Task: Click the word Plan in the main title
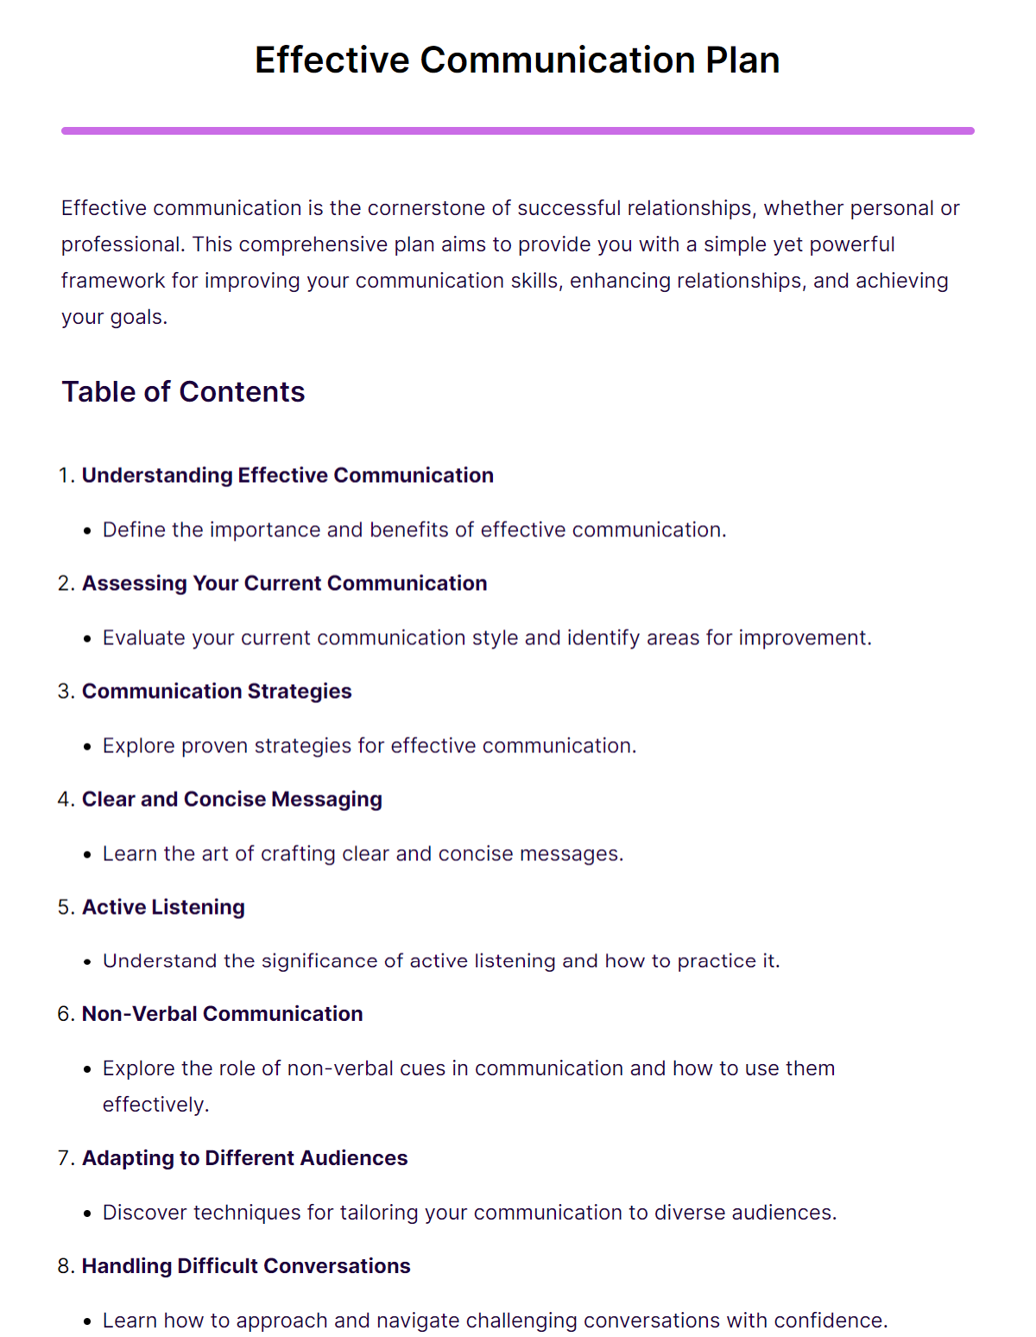[742, 60]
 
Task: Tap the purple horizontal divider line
[518, 131]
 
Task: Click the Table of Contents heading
[183, 392]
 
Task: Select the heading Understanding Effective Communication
[287, 476]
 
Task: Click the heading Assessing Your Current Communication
[284, 584]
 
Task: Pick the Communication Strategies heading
[217, 692]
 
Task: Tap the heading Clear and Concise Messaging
[231, 800]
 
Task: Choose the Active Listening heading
[163, 908]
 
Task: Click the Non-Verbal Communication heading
[222, 1014]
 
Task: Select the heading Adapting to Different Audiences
[244, 1158]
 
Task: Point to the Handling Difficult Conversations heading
[246, 1266]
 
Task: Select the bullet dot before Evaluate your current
[87, 639]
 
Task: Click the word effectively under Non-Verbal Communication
[155, 1106]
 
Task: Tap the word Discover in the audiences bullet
[144, 1213]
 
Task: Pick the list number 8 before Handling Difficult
[65, 1266]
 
